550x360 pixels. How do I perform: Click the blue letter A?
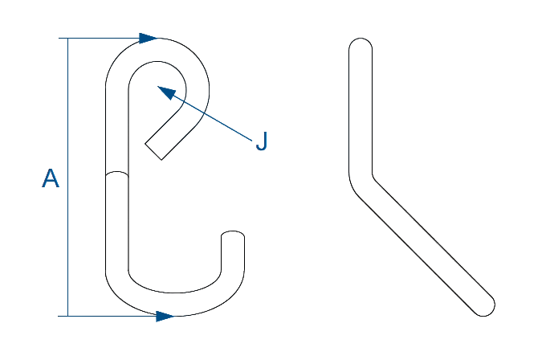tap(51, 178)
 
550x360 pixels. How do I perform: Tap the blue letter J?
tap(262, 143)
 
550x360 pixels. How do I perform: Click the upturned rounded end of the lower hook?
tap(233, 235)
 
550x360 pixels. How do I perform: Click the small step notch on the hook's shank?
tap(117, 172)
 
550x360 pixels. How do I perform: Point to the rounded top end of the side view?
tap(361, 42)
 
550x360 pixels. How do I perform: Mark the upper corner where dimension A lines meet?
tap(68, 39)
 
